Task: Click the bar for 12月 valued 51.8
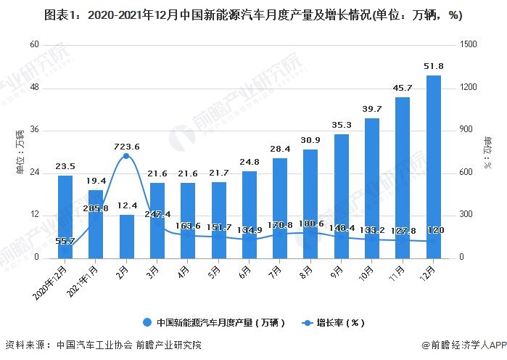click(434, 166)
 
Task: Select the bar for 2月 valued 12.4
click(127, 236)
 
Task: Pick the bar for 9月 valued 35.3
click(342, 195)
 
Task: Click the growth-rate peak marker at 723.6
click(127, 156)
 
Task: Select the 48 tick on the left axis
click(33, 87)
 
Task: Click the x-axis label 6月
click(246, 270)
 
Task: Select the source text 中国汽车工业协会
click(90, 345)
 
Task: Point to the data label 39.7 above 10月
click(372, 109)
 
